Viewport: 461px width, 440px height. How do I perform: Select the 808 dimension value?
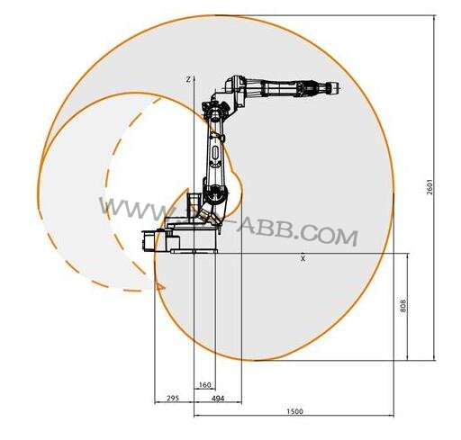(x=403, y=307)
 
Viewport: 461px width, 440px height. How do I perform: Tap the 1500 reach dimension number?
(x=294, y=411)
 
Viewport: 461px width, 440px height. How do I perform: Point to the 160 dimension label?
(x=205, y=384)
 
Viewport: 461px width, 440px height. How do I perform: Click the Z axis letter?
(x=187, y=79)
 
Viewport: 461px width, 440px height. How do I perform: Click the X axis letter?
(x=303, y=258)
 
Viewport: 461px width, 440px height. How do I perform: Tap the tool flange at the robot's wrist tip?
(x=335, y=88)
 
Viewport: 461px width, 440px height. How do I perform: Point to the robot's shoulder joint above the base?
(x=213, y=191)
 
